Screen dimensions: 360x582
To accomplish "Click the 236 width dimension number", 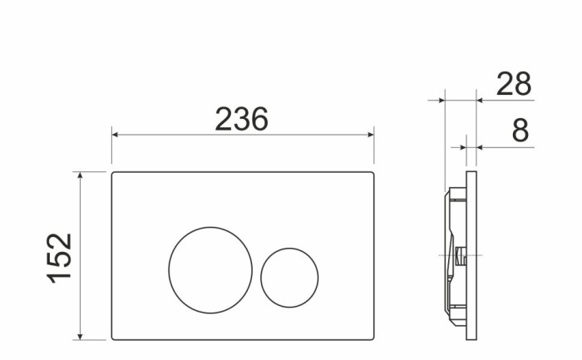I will tap(242, 119).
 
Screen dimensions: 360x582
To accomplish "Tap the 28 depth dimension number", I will tap(513, 84).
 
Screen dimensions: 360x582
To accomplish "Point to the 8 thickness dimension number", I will tap(520, 131).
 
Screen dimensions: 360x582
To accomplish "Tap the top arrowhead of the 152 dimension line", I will tap(80, 176).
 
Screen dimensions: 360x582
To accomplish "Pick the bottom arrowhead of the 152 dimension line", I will tap(80, 335).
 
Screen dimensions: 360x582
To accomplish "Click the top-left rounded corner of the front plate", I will tap(115, 175).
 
